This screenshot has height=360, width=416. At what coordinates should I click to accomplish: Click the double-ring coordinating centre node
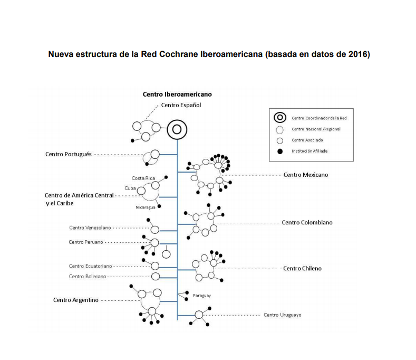click(177, 129)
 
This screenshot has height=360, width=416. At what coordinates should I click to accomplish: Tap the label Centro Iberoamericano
click(177, 94)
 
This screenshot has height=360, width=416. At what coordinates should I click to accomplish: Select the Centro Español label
click(181, 105)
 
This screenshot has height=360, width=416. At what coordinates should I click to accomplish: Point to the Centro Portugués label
click(69, 154)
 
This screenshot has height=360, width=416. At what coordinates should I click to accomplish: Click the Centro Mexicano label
click(305, 174)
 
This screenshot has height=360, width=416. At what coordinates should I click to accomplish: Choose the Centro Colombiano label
click(307, 222)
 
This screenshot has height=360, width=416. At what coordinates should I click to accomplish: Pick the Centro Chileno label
click(302, 268)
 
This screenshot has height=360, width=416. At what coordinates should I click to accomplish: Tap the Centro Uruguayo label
click(282, 315)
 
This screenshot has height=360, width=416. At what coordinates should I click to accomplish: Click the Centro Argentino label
click(76, 300)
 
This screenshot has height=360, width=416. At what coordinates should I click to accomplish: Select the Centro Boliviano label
click(88, 276)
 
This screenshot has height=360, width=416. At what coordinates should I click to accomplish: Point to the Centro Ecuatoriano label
click(90, 266)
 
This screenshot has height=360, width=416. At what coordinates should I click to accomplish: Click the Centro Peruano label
click(86, 242)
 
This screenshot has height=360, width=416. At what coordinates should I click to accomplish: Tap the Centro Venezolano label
click(90, 228)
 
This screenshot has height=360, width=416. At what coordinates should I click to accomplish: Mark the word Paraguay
click(202, 296)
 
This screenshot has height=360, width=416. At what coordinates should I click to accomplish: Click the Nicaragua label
click(145, 207)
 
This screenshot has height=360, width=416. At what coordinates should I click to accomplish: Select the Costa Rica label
click(142, 178)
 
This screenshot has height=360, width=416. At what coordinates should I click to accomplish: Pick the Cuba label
click(130, 188)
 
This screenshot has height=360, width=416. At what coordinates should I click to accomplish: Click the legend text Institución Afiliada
click(309, 151)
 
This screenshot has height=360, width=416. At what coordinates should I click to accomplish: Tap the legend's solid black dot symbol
click(280, 151)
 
